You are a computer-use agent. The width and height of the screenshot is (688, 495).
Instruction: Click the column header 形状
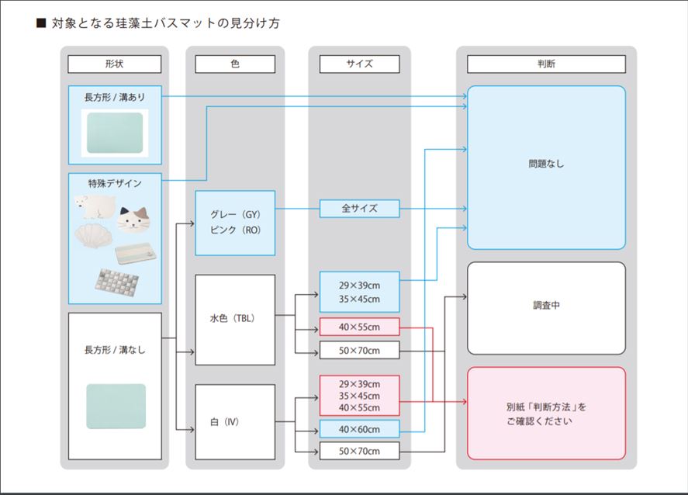(114, 64)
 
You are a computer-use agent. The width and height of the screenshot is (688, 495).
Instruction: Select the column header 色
(235, 64)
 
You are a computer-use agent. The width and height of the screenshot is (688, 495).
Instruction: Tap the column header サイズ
(359, 64)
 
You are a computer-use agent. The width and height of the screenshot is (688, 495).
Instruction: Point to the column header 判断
(546, 64)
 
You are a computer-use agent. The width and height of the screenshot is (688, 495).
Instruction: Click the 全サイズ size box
(359, 209)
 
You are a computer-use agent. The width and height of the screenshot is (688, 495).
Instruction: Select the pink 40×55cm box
(359, 327)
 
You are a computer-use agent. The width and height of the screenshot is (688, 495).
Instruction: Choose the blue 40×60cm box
(359, 429)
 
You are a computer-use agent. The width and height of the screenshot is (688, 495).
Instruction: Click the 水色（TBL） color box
(235, 319)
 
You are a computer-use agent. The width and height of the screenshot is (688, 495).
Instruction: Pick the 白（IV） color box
(235, 423)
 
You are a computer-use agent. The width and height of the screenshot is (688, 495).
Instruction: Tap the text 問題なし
(546, 164)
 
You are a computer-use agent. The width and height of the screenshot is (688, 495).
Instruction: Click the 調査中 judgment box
(546, 307)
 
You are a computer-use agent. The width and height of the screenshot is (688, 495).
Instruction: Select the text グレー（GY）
(235, 214)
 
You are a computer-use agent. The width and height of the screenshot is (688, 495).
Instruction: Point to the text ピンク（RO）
(235, 230)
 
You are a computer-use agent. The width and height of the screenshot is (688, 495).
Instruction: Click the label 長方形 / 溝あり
(114, 97)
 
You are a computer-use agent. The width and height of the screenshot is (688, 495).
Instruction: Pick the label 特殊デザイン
(114, 183)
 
